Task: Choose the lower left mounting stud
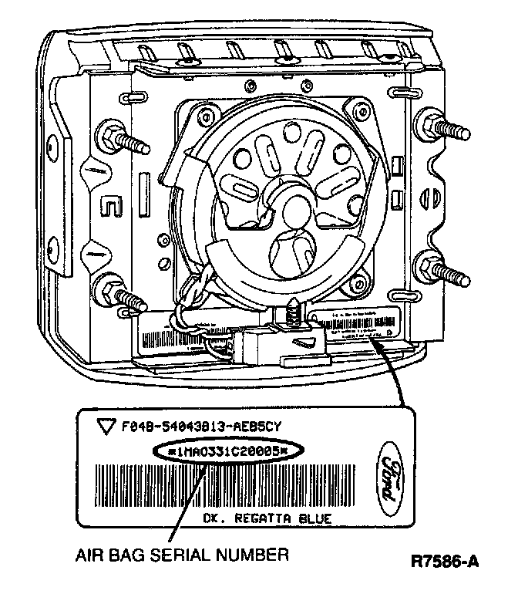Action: (117, 295)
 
